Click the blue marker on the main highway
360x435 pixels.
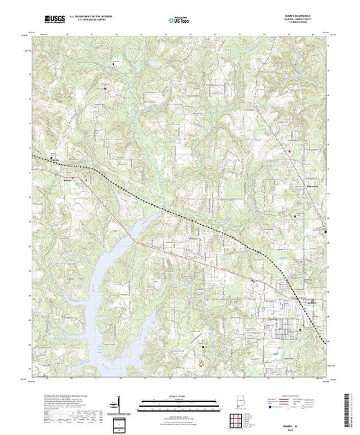253,280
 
